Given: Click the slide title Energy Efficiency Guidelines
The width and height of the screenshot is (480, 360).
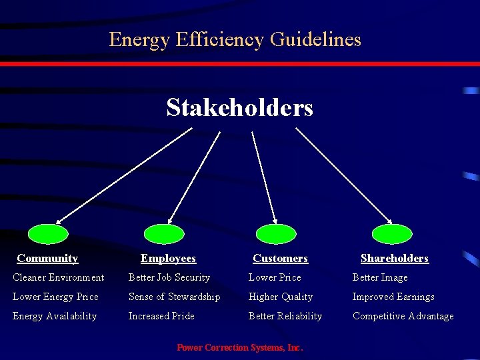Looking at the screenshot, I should (235, 39).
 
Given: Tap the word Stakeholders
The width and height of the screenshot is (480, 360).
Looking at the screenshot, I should (239, 107).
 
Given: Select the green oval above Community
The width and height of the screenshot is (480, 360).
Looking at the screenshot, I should (48, 233).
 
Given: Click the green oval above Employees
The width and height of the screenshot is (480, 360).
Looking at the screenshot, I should (164, 233).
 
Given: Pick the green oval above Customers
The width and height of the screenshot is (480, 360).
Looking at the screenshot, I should (276, 233).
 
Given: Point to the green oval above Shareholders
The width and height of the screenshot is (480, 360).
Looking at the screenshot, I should (392, 233).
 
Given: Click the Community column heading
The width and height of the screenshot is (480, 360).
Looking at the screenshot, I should (47, 258).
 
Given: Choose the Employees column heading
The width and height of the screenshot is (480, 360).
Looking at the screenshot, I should (168, 258).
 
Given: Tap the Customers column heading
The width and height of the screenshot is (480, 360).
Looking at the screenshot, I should (280, 258).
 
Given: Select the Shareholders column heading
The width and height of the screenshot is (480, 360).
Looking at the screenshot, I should (394, 258).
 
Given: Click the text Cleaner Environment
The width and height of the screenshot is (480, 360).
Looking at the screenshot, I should (59, 277).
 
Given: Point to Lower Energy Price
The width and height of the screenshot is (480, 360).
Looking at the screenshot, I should (55, 297).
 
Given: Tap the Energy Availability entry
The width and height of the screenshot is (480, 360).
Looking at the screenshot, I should (55, 316).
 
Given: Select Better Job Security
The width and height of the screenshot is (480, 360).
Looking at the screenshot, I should (169, 277).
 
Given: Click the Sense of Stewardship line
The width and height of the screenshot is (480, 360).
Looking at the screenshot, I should (174, 297).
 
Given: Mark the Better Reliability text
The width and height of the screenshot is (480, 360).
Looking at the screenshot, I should (285, 316).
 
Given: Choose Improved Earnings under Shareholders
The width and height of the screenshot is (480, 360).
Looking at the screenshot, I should (393, 297).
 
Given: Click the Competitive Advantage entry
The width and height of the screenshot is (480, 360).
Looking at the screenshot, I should (403, 316).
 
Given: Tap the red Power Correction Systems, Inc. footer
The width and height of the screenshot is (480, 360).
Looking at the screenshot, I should (239, 347).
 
